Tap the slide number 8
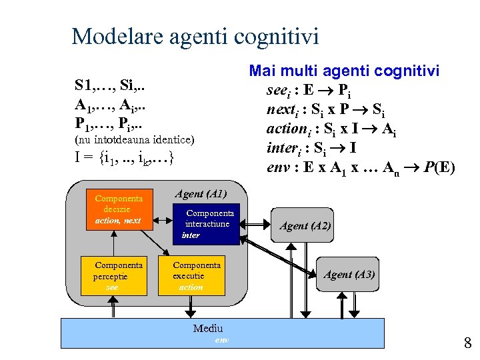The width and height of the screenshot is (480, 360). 467,343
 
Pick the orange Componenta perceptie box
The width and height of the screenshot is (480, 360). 115,275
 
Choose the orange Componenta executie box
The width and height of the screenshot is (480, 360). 191,275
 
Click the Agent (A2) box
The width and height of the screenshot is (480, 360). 305,225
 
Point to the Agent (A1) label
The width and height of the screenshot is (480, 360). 201,194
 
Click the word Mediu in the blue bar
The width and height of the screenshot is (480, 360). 208,328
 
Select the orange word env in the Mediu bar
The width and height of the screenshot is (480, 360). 221,340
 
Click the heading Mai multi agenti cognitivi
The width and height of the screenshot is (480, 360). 343,71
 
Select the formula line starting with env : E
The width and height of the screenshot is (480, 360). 360,166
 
